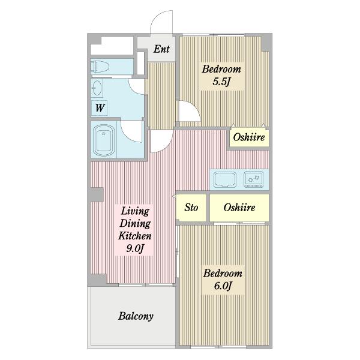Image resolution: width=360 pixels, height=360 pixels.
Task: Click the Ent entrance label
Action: [x=161, y=49]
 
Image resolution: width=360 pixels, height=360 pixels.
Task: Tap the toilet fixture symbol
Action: [x=100, y=67]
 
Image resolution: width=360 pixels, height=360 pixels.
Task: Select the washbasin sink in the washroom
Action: [x=97, y=88]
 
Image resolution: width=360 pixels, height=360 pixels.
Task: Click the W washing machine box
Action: [x=99, y=107]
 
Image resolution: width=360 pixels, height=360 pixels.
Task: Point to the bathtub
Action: [x=104, y=140]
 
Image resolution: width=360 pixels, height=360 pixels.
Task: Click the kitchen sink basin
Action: [x=225, y=179]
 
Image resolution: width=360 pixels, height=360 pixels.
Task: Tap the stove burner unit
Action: [x=253, y=179]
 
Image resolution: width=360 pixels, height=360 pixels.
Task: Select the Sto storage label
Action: [x=191, y=208]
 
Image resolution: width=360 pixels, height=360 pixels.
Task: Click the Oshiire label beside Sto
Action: [x=239, y=208]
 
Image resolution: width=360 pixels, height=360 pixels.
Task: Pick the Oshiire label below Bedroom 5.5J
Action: [x=249, y=137]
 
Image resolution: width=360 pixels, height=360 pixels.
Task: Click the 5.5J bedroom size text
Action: [x=221, y=82]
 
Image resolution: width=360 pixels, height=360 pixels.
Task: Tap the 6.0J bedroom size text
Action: [x=222, y=286]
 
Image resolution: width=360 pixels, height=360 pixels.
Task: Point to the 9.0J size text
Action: [x=135, y=248]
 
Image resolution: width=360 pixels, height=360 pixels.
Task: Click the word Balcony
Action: [x=136, y=316]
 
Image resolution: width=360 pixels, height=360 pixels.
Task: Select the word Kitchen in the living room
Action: [x=135, y=236]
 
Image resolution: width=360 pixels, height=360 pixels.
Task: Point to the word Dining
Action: [x=135, y=223]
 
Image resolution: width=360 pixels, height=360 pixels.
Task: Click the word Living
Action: [x=135, y=211]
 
